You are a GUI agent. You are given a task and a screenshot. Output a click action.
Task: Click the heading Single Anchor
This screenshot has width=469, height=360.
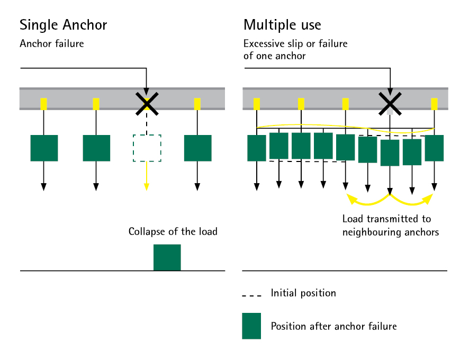tap(63, 25)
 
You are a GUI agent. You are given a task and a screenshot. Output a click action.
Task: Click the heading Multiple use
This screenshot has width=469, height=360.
tap(282, 25)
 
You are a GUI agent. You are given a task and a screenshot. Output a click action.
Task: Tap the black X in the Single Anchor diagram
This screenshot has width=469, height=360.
tap(147, 103)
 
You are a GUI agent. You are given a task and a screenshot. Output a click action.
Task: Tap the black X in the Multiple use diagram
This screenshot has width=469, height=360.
tap(390, 102)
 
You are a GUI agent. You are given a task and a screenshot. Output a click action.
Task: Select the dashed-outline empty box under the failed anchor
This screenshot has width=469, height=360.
tap(147, 148)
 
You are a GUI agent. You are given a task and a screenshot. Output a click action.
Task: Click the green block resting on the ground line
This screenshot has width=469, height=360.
tap(167, 257)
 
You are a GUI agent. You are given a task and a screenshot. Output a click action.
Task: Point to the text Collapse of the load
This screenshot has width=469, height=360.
tap(173, 232)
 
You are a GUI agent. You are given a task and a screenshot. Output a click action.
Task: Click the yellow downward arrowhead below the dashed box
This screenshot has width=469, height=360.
tap(147, 186)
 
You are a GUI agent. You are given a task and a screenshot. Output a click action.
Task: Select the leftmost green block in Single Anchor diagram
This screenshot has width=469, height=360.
tap(44, 148)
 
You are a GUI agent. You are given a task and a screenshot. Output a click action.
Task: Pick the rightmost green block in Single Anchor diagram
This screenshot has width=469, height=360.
tap(197, 148)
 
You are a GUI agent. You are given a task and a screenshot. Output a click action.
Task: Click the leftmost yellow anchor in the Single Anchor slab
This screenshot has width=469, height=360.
tap(44, 104)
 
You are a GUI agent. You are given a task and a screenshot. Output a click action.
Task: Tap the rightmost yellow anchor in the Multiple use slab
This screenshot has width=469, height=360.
tap(434, 104)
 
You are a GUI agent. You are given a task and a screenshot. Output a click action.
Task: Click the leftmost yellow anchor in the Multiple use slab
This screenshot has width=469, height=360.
tap(257, 104)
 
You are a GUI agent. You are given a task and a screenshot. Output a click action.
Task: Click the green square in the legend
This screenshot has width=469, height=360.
tap(251, 326)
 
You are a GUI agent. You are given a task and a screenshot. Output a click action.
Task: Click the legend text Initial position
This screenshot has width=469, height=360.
tap(303, 293)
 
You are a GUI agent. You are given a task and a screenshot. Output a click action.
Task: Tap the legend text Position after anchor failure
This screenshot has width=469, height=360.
tap(333, 326)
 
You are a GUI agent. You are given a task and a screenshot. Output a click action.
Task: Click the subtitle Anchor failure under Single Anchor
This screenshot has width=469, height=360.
tap(51, 44)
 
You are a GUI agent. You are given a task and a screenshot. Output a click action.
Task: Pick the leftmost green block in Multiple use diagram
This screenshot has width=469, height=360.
tap(257, 148)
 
